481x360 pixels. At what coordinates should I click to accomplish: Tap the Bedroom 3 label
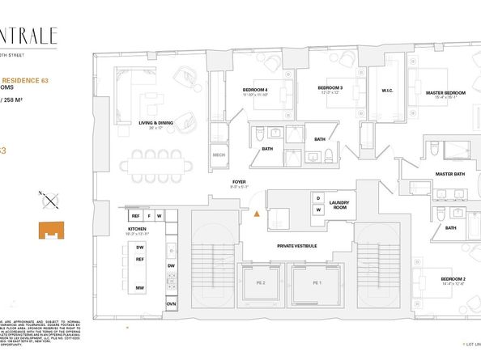[330, 87]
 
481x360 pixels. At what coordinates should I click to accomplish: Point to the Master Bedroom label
[446, 93]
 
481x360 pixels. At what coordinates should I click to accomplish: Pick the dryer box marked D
[318, 198]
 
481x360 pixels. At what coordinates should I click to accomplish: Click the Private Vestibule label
[296, 244]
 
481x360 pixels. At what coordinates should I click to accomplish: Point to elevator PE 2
[260, 284]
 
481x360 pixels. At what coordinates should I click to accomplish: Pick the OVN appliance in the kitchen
[172, 303]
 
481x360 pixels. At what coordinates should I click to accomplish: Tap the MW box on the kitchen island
[140, 288]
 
